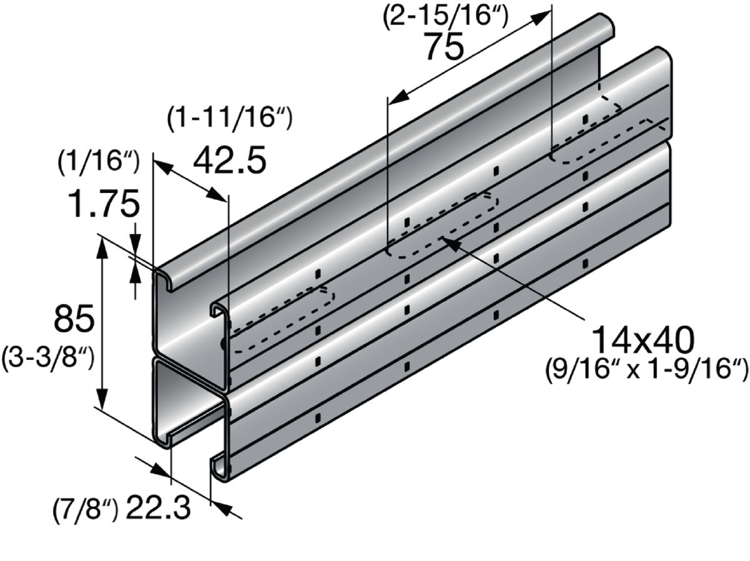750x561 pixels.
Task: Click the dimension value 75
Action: pyautogui.click(x=444, y=46)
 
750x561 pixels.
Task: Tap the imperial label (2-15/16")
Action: pyautogui.click(x=446, y=16)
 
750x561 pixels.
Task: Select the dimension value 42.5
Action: pyautogui.click(x=229, y=160)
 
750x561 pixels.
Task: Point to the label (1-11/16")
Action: pyautogui.click(x=230, y=117)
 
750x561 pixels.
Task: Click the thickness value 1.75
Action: pyautogui.click(x=104, y=204)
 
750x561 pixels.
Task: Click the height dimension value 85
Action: pyautogui.click(x=74, y=319)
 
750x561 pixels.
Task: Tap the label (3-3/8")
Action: pyautogui.click(x=48, y=360)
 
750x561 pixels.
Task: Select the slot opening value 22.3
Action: pyautogui.click(x=158, y=508)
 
